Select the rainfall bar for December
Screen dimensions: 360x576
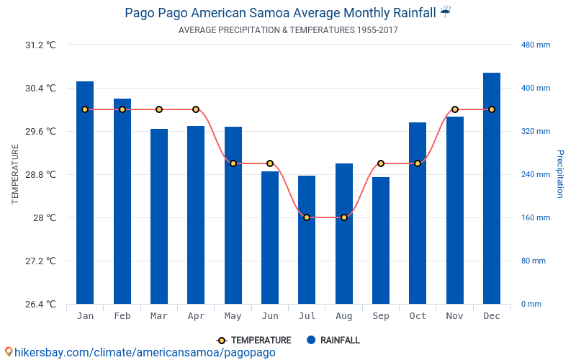coord(492,189)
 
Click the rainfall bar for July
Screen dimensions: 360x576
coord(307,240)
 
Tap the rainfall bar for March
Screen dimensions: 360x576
coord(159,216)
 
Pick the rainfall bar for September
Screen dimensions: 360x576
coord(381,240)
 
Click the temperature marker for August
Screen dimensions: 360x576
coord(344,217)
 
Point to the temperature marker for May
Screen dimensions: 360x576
coord(233,163)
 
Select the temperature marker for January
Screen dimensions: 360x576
coord(85,109)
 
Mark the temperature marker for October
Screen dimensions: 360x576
coord(418,163)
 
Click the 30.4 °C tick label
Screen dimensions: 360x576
coord(40,89)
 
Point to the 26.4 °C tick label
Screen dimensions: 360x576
coord(40,304)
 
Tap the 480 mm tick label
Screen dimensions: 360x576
coord(535,45)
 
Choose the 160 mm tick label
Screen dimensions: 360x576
coord(535,217)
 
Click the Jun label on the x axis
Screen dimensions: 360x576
coord(270,316)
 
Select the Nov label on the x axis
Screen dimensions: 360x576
coord(455,316)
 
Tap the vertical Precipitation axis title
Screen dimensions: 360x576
coord(560,174)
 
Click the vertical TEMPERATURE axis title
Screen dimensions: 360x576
coord(15,174)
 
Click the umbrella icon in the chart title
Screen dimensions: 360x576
coord(446,12)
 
